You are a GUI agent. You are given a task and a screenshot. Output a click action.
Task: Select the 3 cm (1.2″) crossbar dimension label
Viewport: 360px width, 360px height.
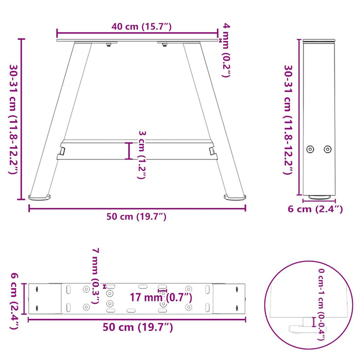(x=142, y=154)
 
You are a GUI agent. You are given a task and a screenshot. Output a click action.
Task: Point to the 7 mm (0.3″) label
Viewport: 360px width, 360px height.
(x=96, y=268)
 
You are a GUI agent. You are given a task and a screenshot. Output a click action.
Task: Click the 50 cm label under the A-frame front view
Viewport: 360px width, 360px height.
(x=136, y=217)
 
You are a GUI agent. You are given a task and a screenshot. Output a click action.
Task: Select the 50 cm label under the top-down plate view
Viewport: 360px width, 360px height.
(x=137, y=327)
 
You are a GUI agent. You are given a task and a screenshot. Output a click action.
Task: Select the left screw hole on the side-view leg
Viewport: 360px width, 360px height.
(x=310, y=149)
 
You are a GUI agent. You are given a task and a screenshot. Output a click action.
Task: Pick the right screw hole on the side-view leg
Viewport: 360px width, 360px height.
(x=328, y=149)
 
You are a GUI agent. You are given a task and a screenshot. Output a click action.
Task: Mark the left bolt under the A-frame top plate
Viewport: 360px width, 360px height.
(x=108, y=46)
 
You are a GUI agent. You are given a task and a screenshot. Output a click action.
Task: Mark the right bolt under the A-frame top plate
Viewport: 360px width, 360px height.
(x=164, y=46)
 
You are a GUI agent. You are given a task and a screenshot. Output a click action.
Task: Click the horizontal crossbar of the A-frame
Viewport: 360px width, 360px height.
(x=136, y=150)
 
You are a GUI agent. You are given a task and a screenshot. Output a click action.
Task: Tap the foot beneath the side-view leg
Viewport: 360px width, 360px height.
(x=319, y=196)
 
